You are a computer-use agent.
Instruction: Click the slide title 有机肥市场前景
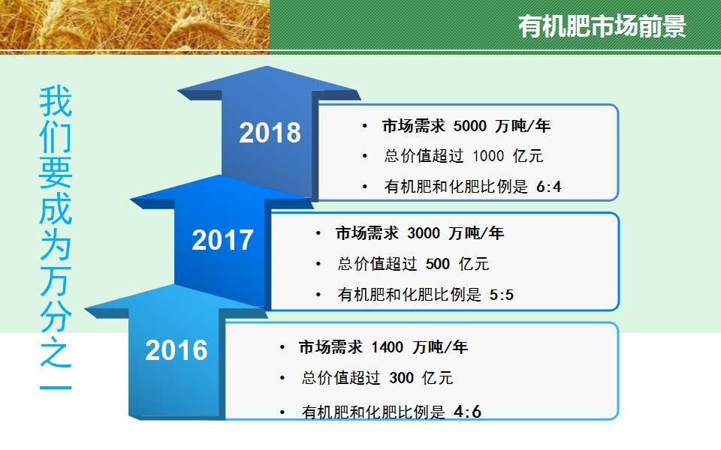click(x=602, y=26)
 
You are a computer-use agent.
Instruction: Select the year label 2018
click(x=270, y=133)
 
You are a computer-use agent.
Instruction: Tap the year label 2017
click(x=222, y=240)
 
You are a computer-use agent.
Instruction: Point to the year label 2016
click(x=176, y=350)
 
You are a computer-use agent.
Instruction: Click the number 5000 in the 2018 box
click(x=470, y=126)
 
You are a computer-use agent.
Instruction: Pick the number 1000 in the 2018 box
click(x=488, y=156)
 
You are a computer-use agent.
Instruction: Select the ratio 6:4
click(x=549, y=187)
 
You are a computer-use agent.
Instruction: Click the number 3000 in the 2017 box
click(x=424, y=233)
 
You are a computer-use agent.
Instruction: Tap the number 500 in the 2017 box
click(x=438, y=264)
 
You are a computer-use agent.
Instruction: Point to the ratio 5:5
click(x=502, y=294)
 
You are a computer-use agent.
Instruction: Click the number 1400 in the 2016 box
click(x=388, y=347)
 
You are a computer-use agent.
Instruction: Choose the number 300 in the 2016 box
click(x=401, y=378)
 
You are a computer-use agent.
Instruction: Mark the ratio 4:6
click(x=467, y=412)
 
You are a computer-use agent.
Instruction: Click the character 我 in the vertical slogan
click(x=56, y=101)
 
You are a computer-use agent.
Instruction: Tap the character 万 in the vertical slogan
click(x=56, y=280)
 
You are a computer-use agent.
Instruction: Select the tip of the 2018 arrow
click(x=267, y=67)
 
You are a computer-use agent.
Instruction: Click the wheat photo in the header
click(x=134, y=27)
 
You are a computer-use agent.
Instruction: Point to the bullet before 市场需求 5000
click(x=365, y=126)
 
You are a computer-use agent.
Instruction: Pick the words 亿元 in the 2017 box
click(x=474, y=264)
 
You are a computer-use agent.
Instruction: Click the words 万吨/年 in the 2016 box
click(x=440, y=347)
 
